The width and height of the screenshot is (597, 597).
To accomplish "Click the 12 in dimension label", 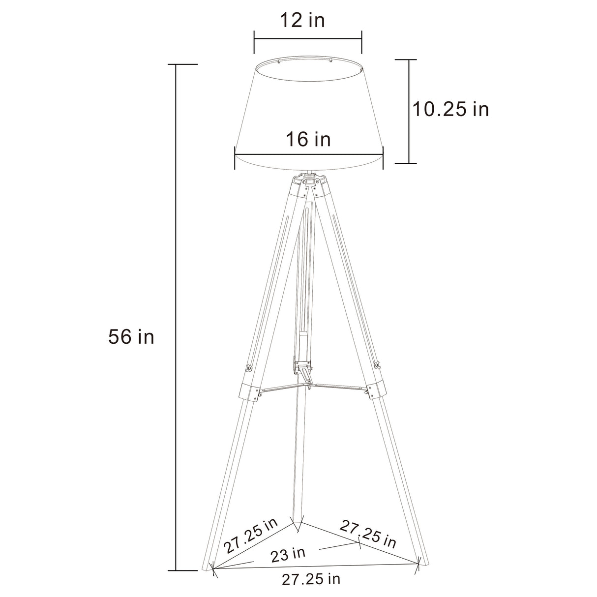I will [302, 21].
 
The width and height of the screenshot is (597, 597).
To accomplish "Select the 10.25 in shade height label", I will [450, 109].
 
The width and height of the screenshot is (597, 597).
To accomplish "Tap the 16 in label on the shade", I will [308, 139].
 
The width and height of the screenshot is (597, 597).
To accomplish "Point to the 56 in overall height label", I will [131, 337].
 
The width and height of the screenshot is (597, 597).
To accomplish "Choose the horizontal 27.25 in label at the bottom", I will [311, 579].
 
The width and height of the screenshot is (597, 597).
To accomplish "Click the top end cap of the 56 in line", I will [176, 64].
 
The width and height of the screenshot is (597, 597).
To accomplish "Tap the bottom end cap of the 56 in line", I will [176, 571].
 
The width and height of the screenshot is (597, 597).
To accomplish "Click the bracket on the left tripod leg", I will [249, 391].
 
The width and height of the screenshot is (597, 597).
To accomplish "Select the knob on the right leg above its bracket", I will [377, 365].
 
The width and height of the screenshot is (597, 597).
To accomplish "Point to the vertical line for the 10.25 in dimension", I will [409, 111].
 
